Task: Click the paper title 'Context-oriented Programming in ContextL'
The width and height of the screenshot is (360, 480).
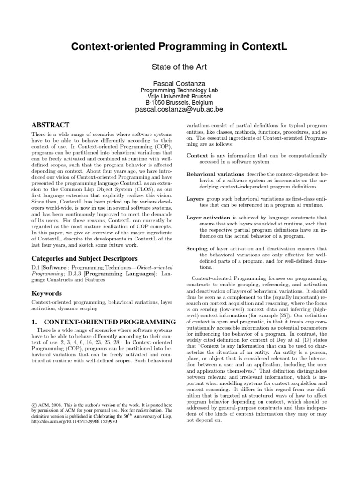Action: coord(180,47)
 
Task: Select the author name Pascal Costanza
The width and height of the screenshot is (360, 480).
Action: coord(180,83)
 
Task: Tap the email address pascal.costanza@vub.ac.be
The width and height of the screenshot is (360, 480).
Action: coord(180,110)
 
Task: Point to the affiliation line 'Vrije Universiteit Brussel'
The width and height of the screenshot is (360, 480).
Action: coord(180,96)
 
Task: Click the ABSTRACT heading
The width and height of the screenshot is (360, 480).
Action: coord(50,125)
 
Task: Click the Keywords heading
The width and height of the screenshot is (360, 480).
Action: coord(46,293)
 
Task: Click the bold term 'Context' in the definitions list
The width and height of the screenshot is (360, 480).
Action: coord(197,155)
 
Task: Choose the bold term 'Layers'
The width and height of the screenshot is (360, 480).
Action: coord(195,199)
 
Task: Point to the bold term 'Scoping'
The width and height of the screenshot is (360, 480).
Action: coord(197,249)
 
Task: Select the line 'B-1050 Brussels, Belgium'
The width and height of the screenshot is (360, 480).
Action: coord(180,102)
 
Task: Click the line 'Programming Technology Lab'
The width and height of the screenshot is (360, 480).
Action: coord(180,90)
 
